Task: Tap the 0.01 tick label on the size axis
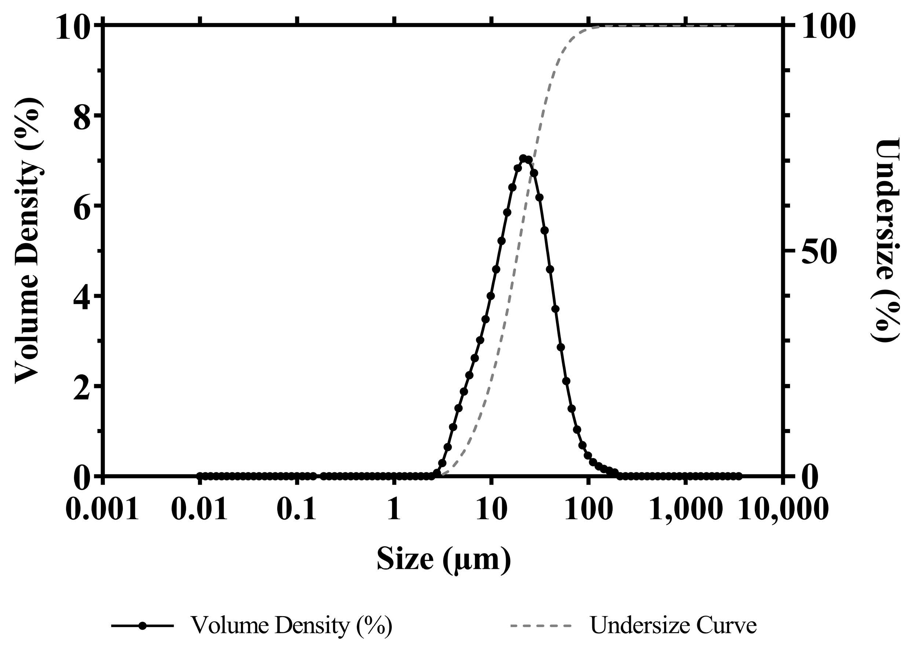click(x=200, y=510)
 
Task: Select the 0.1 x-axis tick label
click(x=297, y=510)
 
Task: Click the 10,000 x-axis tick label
click(x=784, y=510)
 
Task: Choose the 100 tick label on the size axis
click(x=589, y=510)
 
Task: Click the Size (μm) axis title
click(x=443, y=560)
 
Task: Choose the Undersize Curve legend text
click(x=673, y=625)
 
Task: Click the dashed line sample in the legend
click(x=541, y=626)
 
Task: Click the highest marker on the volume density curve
click(x=523, y=158)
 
